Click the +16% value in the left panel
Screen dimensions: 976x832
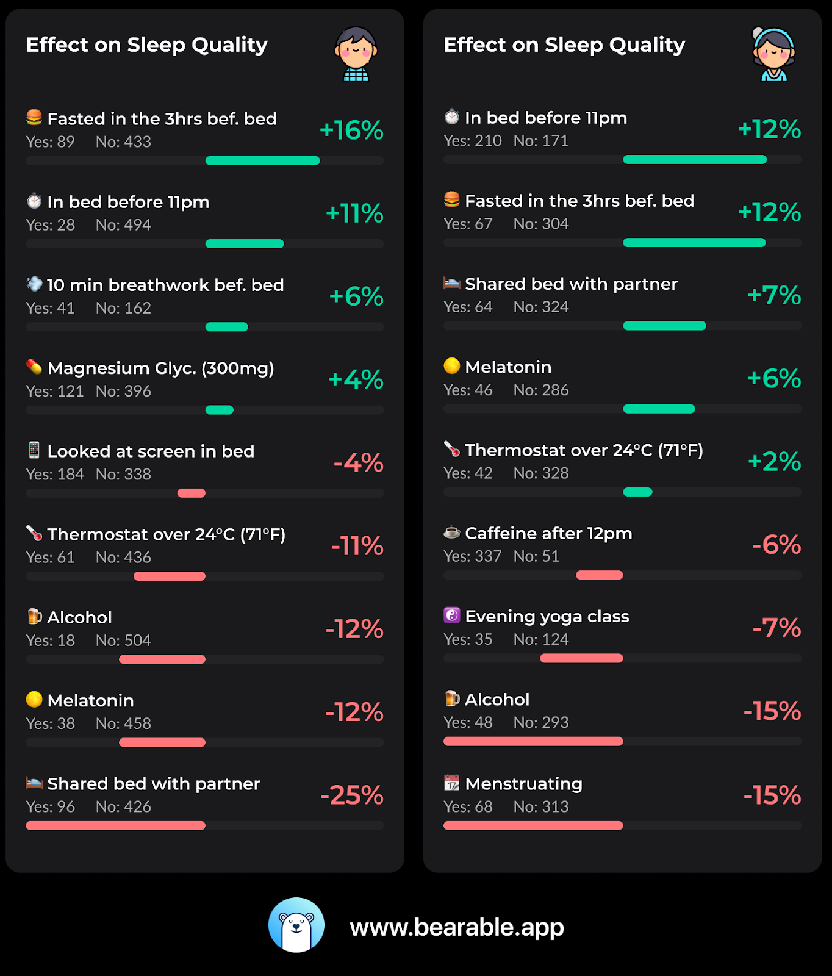(351, 130)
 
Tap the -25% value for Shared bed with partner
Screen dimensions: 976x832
(352, 795)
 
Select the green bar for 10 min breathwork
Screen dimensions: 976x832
(227, 327)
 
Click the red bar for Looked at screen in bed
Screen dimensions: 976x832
(192, 493)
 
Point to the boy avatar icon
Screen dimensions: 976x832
(356, 54)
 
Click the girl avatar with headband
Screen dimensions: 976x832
(773, 54)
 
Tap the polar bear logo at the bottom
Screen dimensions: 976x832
(296, 925)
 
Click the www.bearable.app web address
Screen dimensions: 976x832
(457, 927)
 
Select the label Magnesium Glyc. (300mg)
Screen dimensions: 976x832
(160, 368)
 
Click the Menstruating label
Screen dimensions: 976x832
(523, 783)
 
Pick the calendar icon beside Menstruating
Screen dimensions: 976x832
(451, 782)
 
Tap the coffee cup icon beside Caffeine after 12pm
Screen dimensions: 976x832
(451, 533)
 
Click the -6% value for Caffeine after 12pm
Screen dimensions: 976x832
(776, 544)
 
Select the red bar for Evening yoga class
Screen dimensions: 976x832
(581, 658)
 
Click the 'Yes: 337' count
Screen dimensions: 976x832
(472, 556)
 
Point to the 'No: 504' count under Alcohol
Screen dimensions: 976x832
(123, 640)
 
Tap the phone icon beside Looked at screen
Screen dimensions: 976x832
(34, 450)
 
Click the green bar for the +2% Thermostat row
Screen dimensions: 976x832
(637, 492)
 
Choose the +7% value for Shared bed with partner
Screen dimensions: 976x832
(774, 295)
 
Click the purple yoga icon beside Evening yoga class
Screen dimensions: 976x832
(451, 615)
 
